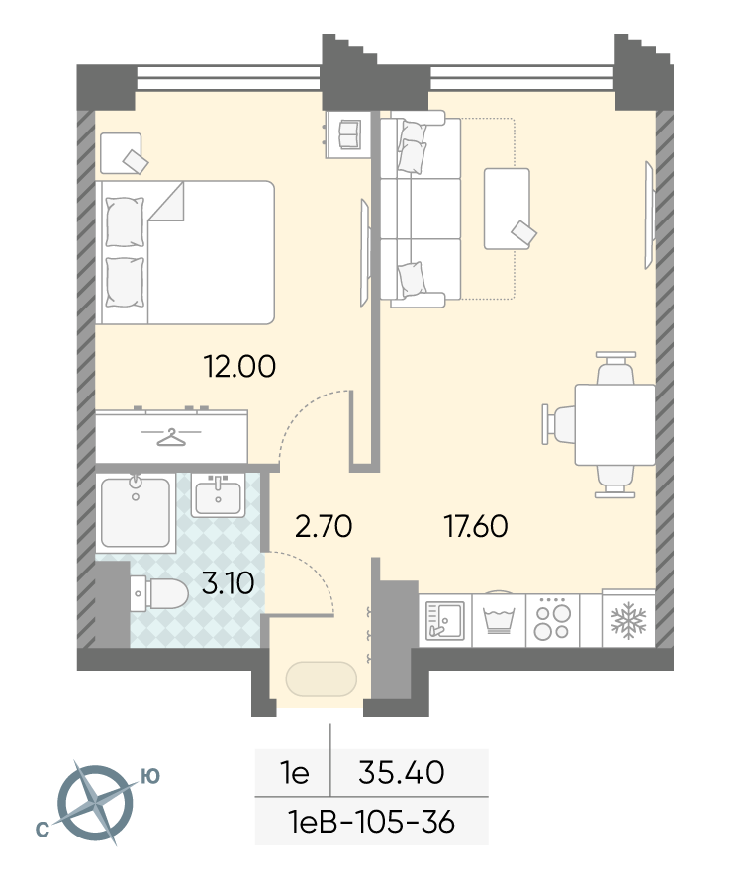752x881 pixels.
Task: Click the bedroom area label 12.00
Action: pyautogui.click(x=239, y=366)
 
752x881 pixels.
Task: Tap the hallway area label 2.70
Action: pyautogui.click(x=324, y=526)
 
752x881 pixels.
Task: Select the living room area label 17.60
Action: pyautogui.click(x=476, y=526)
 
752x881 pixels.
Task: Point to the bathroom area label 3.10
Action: pyautogui.click(x=228, y=583)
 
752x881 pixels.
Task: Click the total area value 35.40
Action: pyautogui.click(x=402, y=772)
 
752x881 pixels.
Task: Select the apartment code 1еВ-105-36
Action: pyautogui.click(x=371, y=822)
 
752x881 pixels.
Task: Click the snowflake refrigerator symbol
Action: pyautogui.click(x=629, y=621)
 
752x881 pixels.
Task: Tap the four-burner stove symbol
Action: pyautogui.click(x=552, y=621)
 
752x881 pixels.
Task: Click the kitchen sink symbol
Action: pyautogui.click(x=445, y=620)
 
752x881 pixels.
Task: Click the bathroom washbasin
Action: pyautogui.click(x=219, y=494)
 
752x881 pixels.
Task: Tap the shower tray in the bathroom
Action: pyautogui.click(x=136, y=512)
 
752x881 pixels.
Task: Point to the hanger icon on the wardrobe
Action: pyautogui.click(x=171, y=437)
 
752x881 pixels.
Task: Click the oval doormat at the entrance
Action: pyautogui.click(x=322, y=680)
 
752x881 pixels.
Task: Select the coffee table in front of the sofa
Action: pyautogui.click(x=507, y=209)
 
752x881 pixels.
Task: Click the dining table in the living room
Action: pyautogui.click(x=614, y=424)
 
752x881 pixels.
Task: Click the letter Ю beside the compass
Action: pyautogui.click(x=149, y=776)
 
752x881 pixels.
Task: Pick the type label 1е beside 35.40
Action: pyautogui.click(x=295, y=773)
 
